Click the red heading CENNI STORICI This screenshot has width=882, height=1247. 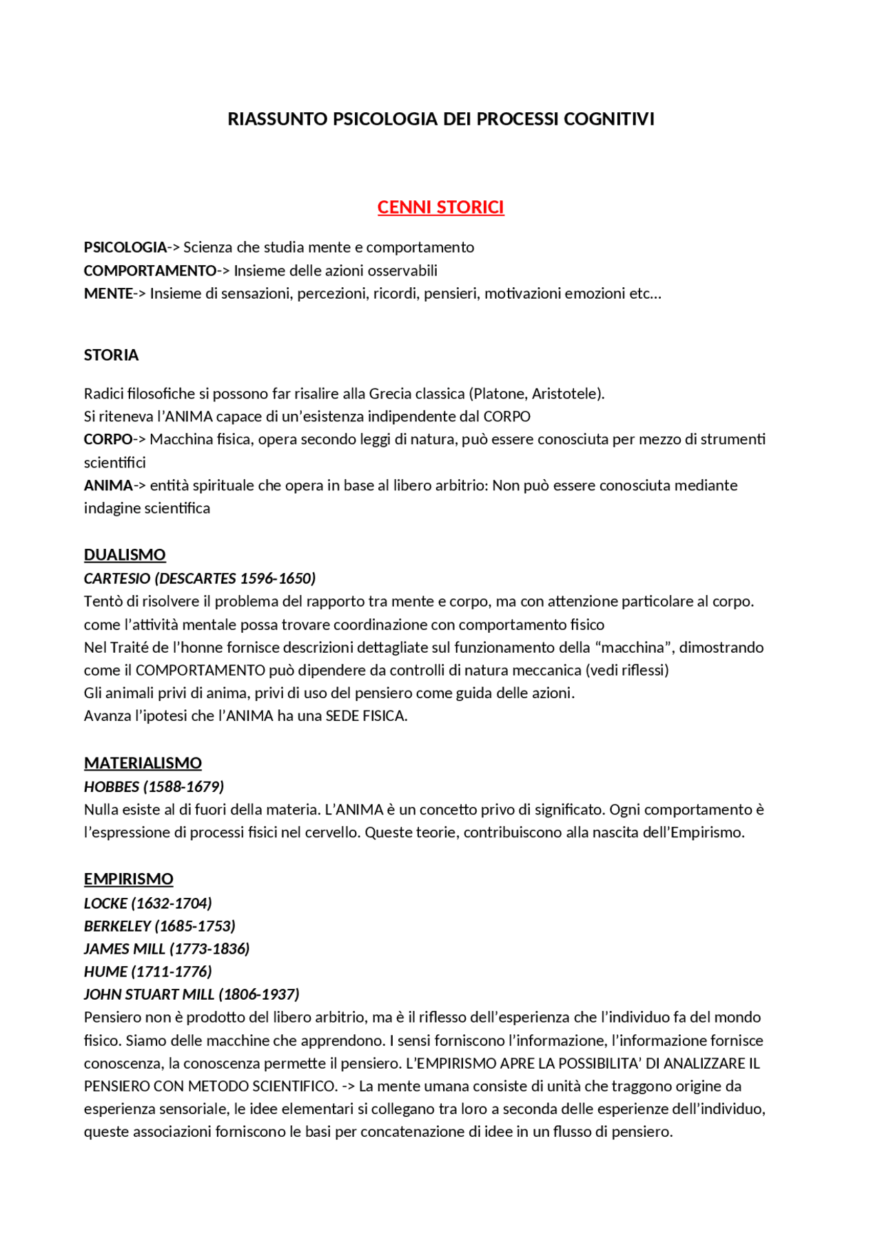440,207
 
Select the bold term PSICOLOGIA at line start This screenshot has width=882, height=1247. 125,247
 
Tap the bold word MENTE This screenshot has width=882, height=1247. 108,293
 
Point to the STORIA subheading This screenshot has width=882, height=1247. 111,355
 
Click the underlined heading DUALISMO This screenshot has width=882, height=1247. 125,554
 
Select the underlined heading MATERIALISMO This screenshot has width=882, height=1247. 143,763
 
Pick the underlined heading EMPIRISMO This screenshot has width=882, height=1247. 128,879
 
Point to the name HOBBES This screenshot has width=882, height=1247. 111,786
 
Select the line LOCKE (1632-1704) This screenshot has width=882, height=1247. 147,903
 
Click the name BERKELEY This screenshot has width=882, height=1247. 117,925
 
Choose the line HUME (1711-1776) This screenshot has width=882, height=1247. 147,971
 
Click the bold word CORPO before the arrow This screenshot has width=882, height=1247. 108,439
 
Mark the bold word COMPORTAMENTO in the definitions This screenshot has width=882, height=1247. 150,271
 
